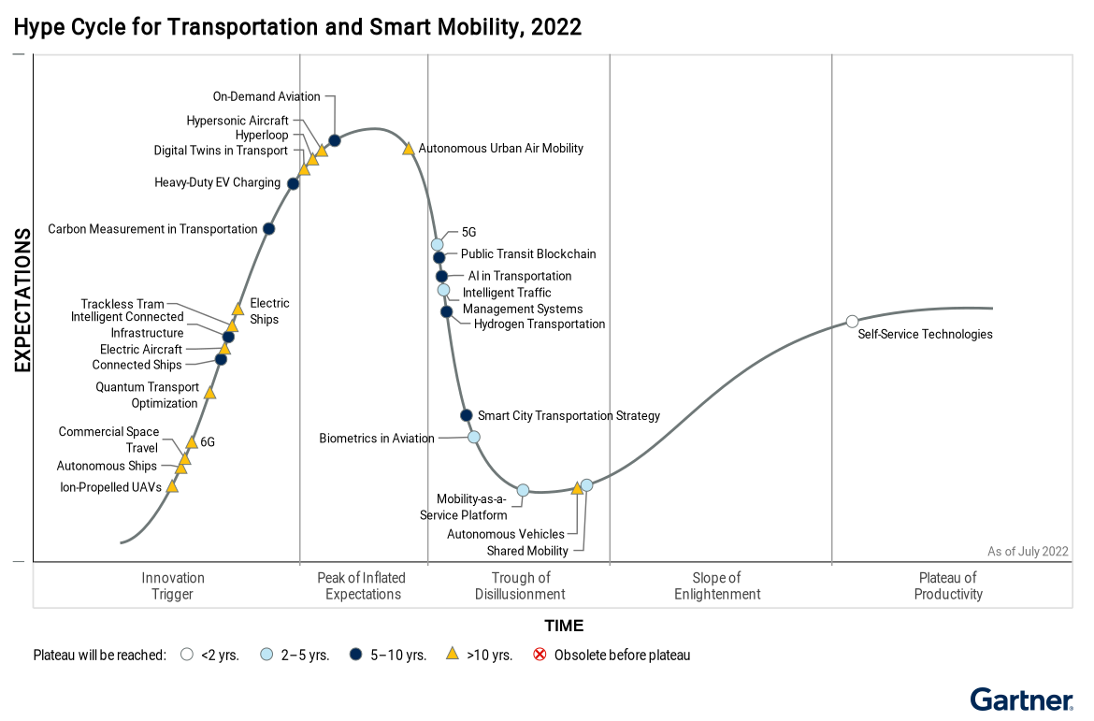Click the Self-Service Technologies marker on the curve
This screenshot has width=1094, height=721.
(x=852, y=322)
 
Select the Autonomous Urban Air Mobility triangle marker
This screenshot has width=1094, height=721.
(x=409, y=149)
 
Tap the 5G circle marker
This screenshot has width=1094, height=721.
(x=438, y=245)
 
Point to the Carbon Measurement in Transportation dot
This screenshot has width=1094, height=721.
(x=269, y=229)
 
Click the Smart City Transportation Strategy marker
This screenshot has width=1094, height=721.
(x=466, y=415)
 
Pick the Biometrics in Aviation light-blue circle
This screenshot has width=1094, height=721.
(x=474, y=437)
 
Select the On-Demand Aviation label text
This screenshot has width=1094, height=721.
(x=266, y=96)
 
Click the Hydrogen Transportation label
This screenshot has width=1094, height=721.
(x=540, y=324)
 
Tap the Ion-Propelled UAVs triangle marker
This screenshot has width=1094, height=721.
(x=172, y=487)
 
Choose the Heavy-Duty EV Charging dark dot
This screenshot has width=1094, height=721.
(x=293, y=183)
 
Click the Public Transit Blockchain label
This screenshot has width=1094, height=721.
(x=528, y=254)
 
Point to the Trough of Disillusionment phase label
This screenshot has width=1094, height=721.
(x=520, y=585)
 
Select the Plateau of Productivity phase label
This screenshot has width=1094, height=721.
(x=948, y=585)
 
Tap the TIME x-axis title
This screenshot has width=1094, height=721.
(x=564, y=626)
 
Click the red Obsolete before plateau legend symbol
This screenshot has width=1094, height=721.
(x=540, y=655)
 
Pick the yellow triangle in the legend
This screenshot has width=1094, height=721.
(x=453, y=655)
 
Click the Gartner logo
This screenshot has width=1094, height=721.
(x=1022, y=700)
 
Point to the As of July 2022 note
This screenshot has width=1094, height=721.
(x=1028, y=552)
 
